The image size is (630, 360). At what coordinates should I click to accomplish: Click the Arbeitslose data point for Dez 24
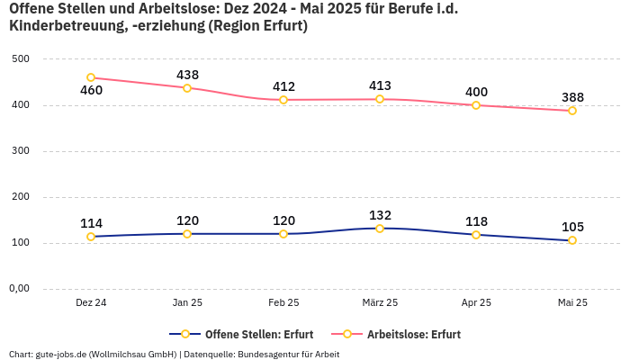click(x=91, y=78)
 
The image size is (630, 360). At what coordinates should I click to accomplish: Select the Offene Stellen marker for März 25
click(x=380, y=229)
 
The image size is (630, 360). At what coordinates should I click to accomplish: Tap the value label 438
click(x=187, y=75)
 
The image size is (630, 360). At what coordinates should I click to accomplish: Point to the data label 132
click(x=380, y=215)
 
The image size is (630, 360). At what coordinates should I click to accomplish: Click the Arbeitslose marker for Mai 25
click(x=572, y=111)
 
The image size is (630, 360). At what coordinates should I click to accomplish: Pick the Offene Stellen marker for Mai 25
click(x=572, y=240)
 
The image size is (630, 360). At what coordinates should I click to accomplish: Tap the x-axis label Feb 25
click(x=283, y=302)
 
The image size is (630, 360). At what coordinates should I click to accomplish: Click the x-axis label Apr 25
click(x=476, y=302)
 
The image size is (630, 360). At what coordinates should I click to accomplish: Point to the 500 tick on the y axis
click(x=21, y=58)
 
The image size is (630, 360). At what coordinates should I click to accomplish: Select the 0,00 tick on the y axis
click(x=18, y=289)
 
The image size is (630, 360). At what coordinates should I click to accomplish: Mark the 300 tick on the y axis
click(x=21, y=151)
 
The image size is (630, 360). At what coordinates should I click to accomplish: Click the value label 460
click(x=91, y=91)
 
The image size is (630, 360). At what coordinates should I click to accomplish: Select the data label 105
click(x=572, y=227)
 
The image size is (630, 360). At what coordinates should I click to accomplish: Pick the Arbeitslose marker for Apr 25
click(x=476, y=105)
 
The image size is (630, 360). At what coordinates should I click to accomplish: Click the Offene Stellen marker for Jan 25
click(x=187, y=234)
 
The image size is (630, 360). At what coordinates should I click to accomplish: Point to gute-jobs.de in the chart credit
click(x=61, y=354)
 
